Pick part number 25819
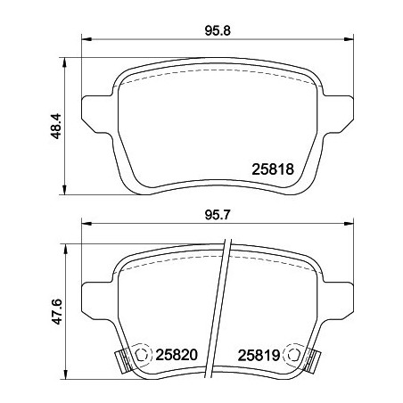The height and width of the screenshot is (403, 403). pyautogui.click(x=260, y=355)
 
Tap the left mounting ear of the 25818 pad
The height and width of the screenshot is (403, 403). pyautogui.click(x=94, y=111)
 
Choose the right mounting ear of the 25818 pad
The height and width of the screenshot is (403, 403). pyautogui.click(x=336, y=111)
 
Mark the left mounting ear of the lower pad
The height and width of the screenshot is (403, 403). pyautogui.click(x=94, y=299)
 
